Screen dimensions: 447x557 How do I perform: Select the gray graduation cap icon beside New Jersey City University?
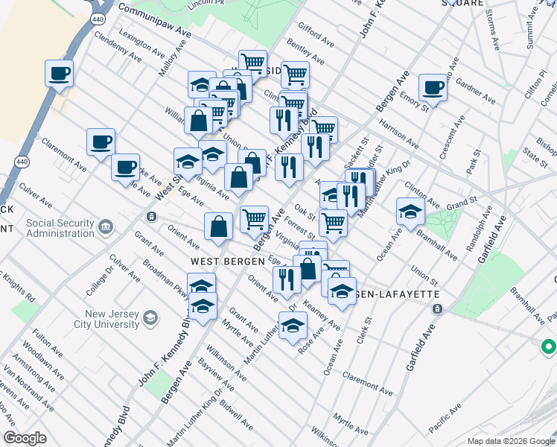(151, 318)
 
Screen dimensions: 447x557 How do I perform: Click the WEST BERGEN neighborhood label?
(228, 261)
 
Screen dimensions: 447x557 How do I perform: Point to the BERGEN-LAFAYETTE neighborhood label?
(395, 294)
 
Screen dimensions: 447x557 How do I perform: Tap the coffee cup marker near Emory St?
(432, 88)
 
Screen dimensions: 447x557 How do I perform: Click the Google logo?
(25, 438)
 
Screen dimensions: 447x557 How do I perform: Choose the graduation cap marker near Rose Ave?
(293, 325)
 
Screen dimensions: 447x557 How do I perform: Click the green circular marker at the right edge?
(549, 346)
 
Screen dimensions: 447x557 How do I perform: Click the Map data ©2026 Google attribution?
(510, 440)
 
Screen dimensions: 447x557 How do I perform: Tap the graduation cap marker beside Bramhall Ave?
(410, 211)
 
